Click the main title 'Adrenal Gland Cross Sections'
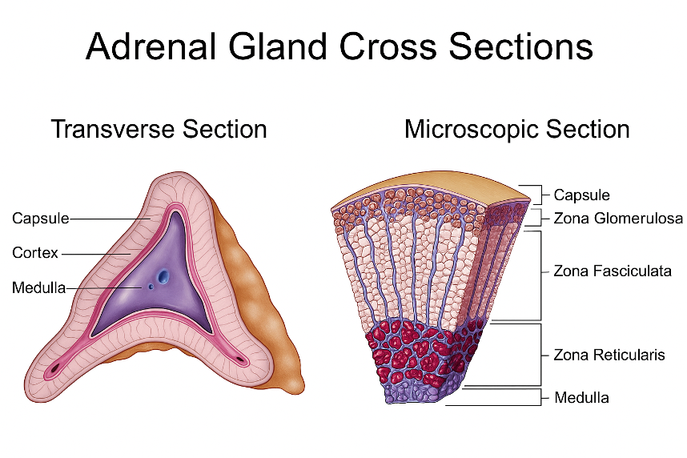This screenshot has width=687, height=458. (339, 46)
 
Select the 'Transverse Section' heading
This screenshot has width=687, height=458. (159, 129)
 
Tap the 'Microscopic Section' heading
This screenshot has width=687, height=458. (516, 129)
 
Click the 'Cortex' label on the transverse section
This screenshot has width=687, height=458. (35, 253)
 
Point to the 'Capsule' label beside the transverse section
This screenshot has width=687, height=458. (40, 218)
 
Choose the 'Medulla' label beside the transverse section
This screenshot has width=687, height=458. (38, 287)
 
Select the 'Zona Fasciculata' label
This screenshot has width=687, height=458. (612, 271)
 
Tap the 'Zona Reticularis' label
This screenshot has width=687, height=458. (609, 354)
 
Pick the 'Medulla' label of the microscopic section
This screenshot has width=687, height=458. (581, 397)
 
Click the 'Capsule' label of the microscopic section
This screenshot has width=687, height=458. (581, 195)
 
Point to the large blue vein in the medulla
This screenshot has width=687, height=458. (163, 276)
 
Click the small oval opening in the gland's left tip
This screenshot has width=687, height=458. (55, 369)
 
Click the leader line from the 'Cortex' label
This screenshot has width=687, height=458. (96, 254)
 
